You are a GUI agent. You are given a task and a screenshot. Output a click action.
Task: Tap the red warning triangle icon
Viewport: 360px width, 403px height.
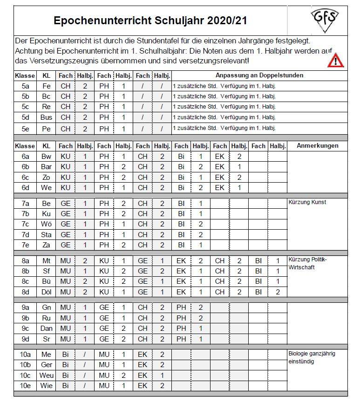(x=335, y=60)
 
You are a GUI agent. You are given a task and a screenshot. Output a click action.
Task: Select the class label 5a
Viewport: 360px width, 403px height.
(x=25, y=86)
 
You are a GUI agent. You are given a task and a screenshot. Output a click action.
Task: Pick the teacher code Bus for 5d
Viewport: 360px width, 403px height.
(x=46, y=117)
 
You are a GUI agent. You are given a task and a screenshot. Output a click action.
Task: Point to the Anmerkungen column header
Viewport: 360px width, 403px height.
(x=317, y=146)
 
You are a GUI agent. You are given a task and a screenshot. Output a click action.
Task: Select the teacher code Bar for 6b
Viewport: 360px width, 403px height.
(x=46, y=167)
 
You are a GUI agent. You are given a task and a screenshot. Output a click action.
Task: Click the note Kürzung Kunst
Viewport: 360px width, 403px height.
(x=307, y=202)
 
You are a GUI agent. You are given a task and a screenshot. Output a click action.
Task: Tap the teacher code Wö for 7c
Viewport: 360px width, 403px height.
(x=46, y=224)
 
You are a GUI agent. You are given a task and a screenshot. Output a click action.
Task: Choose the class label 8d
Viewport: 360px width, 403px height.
(x=25, y=292)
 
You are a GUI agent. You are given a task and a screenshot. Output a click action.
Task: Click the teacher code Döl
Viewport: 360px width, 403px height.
(x=46, y=292)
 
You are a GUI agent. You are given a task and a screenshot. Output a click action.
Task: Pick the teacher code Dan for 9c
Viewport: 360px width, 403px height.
(x=46, y=328)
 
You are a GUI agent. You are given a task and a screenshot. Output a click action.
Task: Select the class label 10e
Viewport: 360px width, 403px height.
(x=25, y=386)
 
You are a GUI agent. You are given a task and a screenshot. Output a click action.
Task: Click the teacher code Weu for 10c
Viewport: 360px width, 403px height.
(x=46, y=376)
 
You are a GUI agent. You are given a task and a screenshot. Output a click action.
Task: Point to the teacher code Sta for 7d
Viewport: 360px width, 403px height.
(x=46, y=234)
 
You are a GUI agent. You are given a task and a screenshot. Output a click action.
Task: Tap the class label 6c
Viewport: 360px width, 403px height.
(x=25, y=177)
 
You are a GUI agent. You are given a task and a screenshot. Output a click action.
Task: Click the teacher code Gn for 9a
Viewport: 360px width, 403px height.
(x=46, y=307)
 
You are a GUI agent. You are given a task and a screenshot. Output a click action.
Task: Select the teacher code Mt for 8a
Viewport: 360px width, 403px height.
(x=46, y=261)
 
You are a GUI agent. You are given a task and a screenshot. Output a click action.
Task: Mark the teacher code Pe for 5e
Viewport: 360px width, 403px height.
(x=46, y=128)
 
